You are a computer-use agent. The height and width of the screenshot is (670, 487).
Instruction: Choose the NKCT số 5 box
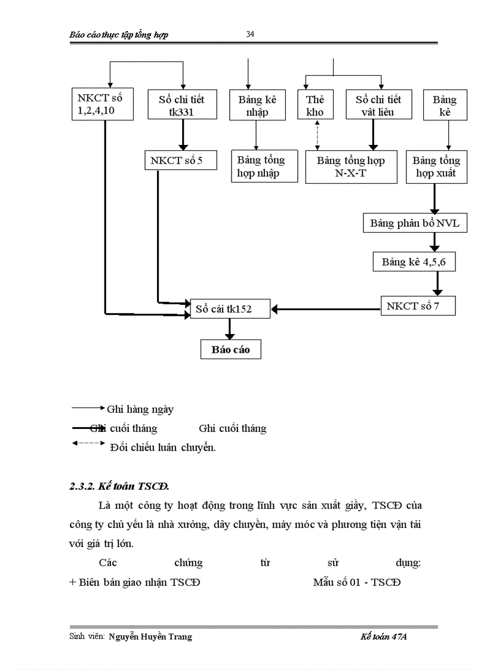[x=180, y=160]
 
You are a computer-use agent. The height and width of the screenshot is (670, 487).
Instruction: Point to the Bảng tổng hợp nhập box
[x=261, y=167]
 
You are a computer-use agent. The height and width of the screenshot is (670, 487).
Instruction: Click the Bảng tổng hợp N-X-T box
[x=351, y=167]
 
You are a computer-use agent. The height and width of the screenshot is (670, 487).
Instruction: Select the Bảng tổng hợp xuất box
[x=436, y=167]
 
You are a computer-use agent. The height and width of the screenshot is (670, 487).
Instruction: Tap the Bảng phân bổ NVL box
[x=414, y=224]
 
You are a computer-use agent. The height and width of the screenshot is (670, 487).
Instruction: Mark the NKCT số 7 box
[x=418, y=306]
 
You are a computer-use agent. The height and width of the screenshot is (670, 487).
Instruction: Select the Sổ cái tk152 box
[x=230, y=308]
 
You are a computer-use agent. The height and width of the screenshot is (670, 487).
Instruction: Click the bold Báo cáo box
[x=230, y=350]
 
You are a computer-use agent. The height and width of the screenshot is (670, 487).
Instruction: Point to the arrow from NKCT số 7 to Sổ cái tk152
[x=325, y=308]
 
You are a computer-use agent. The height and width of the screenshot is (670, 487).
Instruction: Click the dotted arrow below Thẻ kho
[x=316, y=135]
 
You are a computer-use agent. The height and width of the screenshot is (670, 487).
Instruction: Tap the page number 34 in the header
[x=251, y=34]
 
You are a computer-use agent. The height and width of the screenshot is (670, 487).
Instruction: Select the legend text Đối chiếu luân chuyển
[x=163, y=448]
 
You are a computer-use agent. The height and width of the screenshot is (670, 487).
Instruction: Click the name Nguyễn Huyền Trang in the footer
[x=151, y=637]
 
